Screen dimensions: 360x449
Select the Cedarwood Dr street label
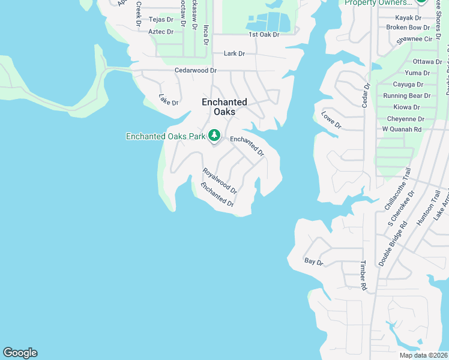195,70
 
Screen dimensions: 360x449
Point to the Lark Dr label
234,53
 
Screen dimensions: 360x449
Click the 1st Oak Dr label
264,35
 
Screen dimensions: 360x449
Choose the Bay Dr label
314,262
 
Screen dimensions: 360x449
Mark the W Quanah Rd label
402,129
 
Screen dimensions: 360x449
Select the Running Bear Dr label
407,95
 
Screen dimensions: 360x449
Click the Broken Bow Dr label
408,28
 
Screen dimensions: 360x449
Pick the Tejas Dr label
160,20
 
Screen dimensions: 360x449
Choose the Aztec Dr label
160,31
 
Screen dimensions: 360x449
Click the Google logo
20,353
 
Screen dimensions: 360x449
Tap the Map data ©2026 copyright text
423,355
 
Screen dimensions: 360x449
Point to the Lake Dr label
169,100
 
